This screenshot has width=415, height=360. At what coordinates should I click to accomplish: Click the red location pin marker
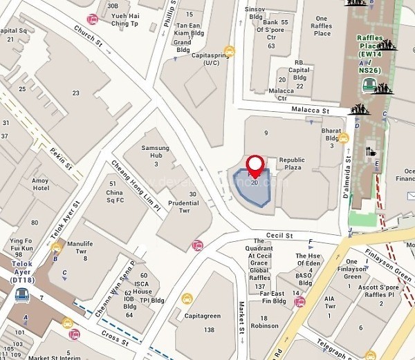(256, 165)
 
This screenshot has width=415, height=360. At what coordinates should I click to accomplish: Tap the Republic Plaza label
(292, 163)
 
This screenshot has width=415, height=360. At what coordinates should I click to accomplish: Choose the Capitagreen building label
(203, 316)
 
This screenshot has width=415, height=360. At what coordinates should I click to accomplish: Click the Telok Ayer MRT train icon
(21, 295)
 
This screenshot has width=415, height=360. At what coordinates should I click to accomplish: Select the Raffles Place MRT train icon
(371, 85)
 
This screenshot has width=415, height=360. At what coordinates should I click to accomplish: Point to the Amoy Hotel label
(41, 183)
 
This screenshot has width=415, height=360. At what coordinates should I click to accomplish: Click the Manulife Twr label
(80, 247)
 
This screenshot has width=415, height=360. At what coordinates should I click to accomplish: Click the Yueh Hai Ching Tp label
(124, 19)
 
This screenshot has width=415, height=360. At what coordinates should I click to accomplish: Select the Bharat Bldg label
(332, 134)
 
